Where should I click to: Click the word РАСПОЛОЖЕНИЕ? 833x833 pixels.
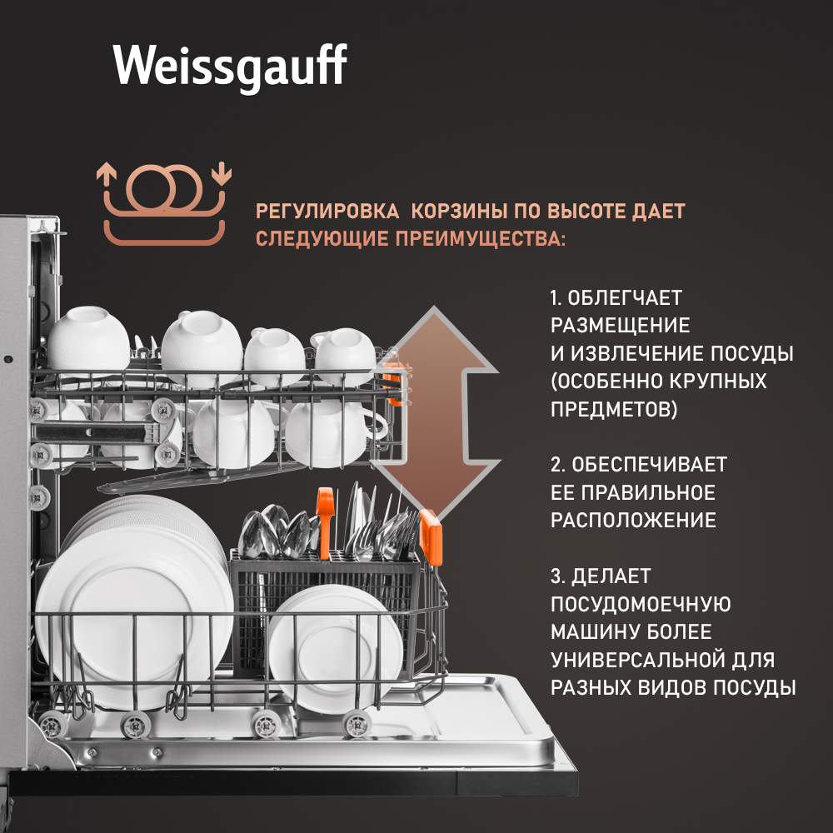[633, 521]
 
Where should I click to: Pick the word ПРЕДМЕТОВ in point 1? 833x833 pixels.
[614, 411]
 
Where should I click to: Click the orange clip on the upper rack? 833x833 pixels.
[392, 377]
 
